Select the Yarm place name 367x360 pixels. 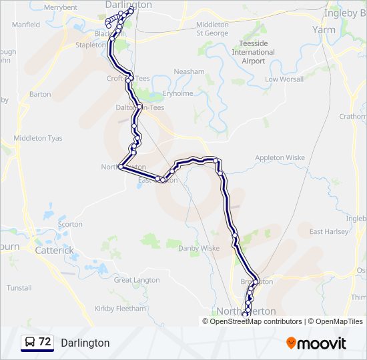coord(324,30)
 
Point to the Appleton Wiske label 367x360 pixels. coord(280,158)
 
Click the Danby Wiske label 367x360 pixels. coord(199,248)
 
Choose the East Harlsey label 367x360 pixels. coord(328,231)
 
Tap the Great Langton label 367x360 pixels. coord(137,280)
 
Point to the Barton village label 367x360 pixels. coord(40,94)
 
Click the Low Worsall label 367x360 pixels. coord(284,79)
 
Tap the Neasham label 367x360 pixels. coord(189,71)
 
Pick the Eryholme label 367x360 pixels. coord(177,94)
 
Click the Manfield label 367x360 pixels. coord(26,25)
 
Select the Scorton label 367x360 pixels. coord(70,225)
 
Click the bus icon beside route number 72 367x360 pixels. coord(30,343)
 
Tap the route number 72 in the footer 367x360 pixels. coord(45,342)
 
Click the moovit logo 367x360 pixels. coord(316,343)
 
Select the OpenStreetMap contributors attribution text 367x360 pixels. coord(254,321)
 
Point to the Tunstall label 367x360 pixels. coord(19,288)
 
